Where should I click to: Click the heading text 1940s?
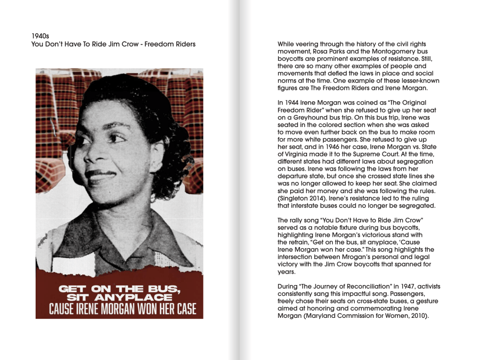40,36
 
